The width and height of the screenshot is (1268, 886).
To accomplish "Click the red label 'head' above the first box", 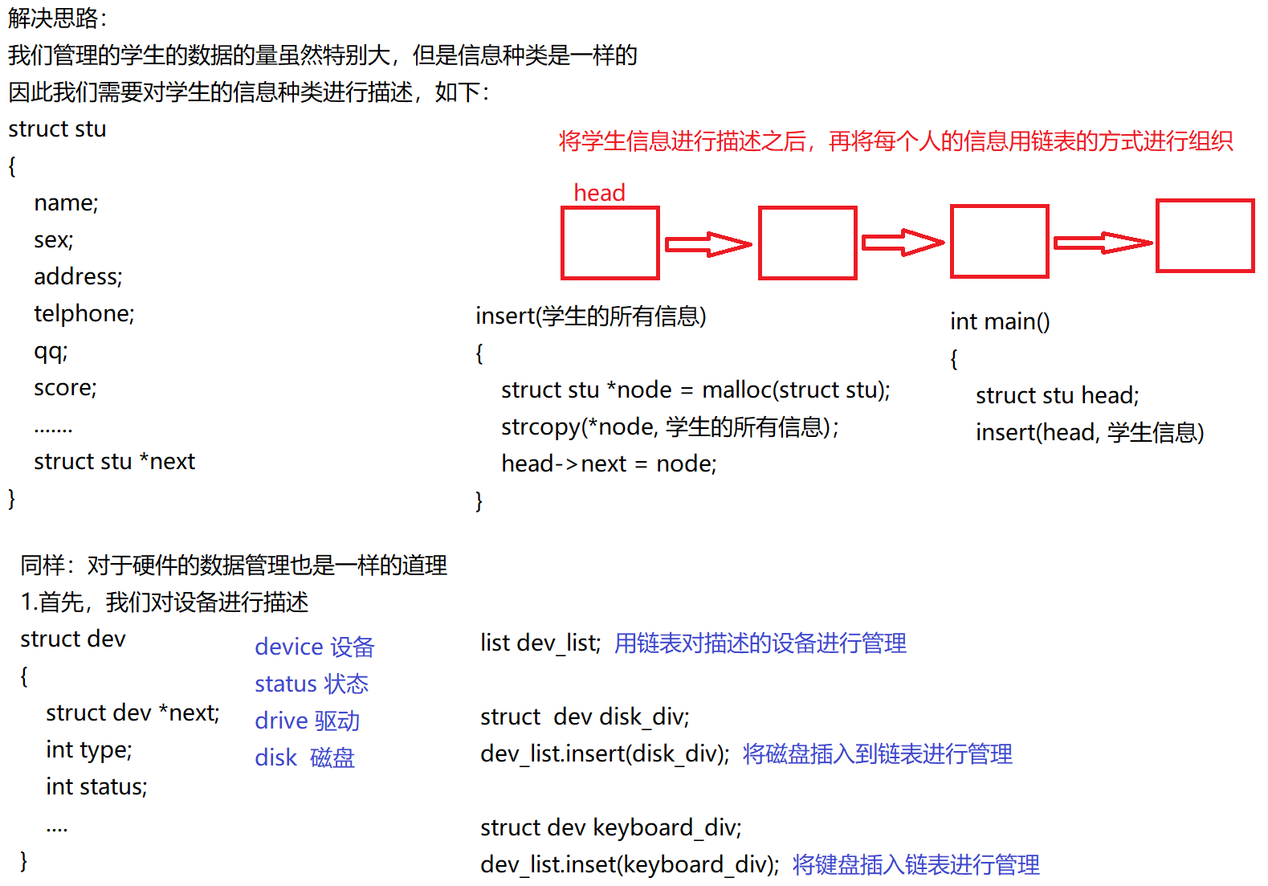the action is click(x=599, y=193).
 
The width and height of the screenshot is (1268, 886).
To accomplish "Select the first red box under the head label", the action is click(x=610, y=243).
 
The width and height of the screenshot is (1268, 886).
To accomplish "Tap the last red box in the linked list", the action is click(x=1205, y=236).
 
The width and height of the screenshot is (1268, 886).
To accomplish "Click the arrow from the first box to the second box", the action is click(x=708, y=244).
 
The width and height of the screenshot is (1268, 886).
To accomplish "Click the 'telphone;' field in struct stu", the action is click(x=84, y=313).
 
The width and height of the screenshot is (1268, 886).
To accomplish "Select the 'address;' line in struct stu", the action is click(x=78, y=276).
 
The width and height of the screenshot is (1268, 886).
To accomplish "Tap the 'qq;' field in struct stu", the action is click(x=51, y=351).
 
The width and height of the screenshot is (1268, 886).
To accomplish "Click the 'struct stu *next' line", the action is click(x=114, y=462).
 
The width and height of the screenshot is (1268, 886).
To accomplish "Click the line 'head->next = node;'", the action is click(x=609, y=463).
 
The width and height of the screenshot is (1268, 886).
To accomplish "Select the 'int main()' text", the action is click(x=1000, y=321).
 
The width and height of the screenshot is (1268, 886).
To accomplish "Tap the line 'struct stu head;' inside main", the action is click(x=1057, y=395).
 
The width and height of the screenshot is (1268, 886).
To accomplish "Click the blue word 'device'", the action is click(x=289, y=647).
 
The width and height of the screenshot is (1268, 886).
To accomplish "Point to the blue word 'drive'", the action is click(x=281, y=721).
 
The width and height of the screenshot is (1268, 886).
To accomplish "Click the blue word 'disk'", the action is click(x=276, y=757).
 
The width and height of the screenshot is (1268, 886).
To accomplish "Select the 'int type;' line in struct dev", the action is click(x=89, y=749).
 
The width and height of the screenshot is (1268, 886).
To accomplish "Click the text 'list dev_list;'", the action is click(x=540, y=643).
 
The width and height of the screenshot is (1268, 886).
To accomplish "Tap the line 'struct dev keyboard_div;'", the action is click(x=610, y=827).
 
